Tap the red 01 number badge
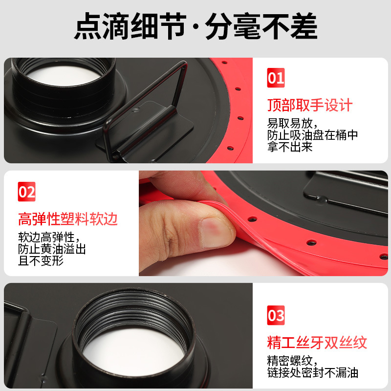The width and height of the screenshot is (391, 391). coord(276,79)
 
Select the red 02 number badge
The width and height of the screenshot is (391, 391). coord(27,192)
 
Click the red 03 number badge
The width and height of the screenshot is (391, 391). coord(276,315)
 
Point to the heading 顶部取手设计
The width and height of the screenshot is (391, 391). coord(310,105)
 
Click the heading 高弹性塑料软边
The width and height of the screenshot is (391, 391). coord(68,218)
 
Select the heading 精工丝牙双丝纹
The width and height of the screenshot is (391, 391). coord(317,342)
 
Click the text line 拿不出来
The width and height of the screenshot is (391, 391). coord(290,147)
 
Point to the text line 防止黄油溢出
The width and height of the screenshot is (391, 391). coord(52,249)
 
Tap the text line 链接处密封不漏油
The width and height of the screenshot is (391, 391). coord(312,373)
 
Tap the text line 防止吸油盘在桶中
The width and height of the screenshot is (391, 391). coord(312,135)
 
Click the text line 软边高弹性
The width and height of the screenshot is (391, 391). coord(47,237)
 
